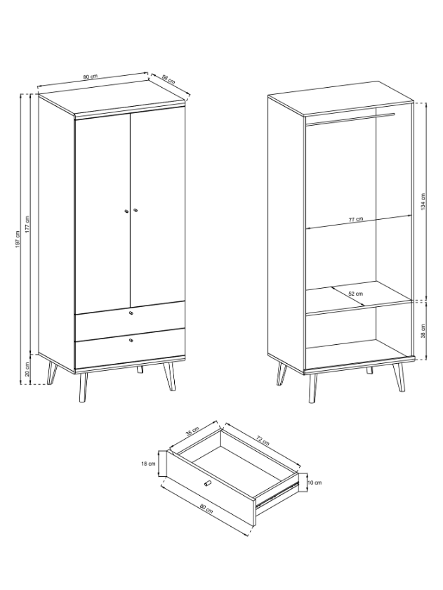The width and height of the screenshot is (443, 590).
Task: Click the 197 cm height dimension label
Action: (18, 239)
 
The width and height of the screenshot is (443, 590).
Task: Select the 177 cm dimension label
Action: (27, 225)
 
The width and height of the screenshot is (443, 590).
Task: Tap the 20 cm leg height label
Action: (27, 369)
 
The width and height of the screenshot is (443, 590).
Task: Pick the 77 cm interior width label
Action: (355, 219)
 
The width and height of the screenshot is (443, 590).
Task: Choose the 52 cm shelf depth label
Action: (355, 294)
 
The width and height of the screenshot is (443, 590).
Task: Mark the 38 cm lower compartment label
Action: (423, 330)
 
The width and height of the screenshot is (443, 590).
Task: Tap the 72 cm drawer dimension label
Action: (263, 440)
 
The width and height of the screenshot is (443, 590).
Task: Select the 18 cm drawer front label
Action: (148, 464)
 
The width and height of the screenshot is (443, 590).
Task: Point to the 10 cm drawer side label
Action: (315, 483)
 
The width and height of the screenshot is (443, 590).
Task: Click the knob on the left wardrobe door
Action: (126, 211)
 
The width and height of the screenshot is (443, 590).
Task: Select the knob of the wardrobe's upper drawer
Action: (131, 313)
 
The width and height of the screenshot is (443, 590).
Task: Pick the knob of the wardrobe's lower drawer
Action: (131, 340)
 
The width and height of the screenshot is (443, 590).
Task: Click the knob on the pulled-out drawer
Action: (206, 483)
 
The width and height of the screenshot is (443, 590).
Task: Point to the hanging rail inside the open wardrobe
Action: (350, 118)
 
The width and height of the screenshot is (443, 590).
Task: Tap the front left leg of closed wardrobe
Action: (83, 387)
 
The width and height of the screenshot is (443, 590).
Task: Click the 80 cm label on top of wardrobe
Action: (91, 77)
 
